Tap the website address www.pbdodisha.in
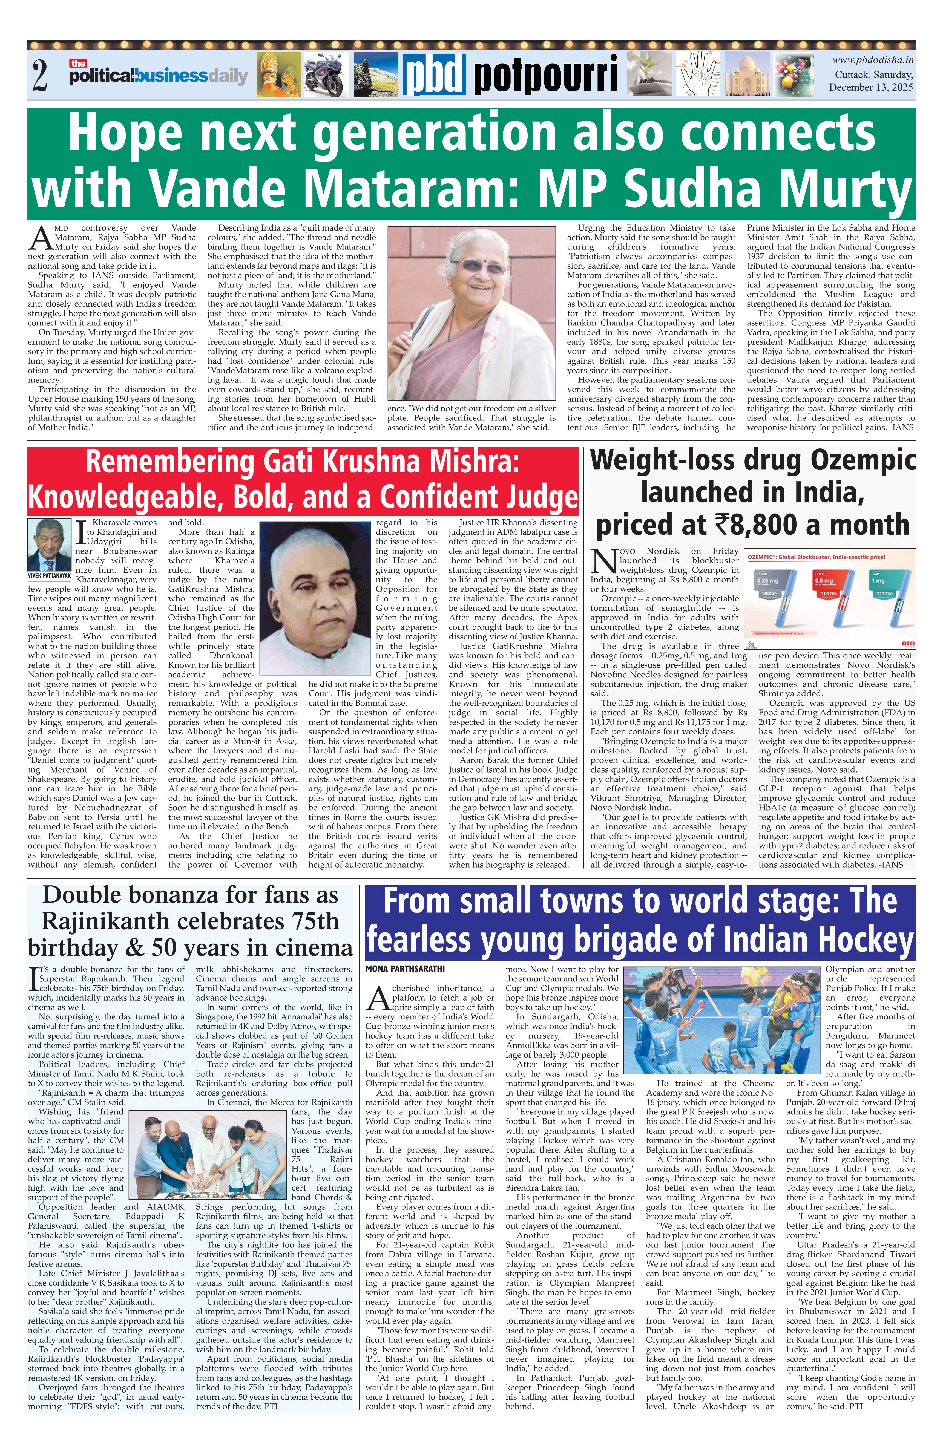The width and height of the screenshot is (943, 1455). click(873, 60)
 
